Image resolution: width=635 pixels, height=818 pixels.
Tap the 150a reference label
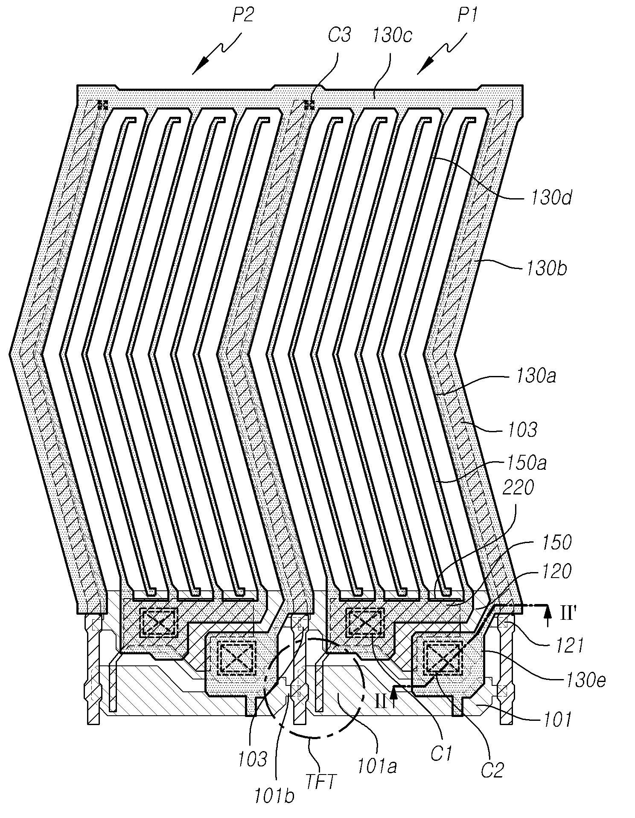[x=526, y=463]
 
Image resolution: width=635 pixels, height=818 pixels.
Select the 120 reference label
[x=553, y=571]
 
